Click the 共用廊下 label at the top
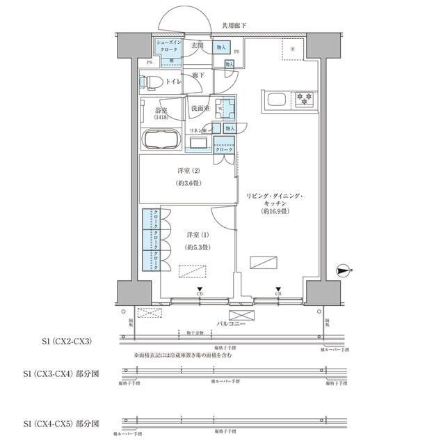234,26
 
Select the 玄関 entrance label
198,46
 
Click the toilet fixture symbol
151,82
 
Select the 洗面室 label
200,109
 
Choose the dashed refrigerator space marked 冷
292,49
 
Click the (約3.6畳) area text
184,184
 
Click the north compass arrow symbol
342,269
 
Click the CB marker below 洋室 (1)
200,291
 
